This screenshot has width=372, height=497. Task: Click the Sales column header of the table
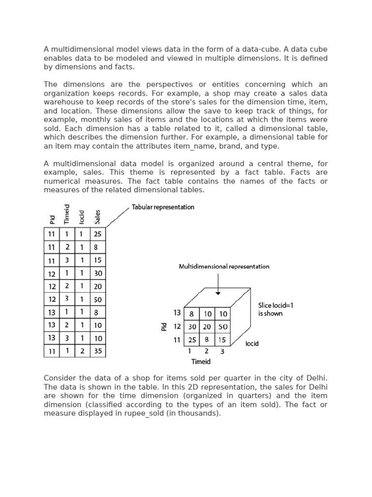coord(98,216)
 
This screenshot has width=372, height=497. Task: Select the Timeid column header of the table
coord(67,214)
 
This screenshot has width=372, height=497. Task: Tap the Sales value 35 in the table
coord(98,351)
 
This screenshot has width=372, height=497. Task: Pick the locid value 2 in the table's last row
coord(82,351)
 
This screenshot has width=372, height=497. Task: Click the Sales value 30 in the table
coord(98,273)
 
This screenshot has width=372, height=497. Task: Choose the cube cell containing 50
coord(223,327)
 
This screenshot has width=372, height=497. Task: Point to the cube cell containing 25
coord(192,340)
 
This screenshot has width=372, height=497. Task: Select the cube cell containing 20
coord(208,327)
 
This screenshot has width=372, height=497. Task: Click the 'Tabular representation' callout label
coord(163,207)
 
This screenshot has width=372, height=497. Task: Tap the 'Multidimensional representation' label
coord(224,266)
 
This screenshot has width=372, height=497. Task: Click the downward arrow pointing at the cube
coord(218,284)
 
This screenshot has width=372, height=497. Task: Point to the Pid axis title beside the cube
coord(164,327)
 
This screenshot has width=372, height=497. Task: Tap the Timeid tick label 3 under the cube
coord(223,351)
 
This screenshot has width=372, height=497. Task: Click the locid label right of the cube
coord(252,344)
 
